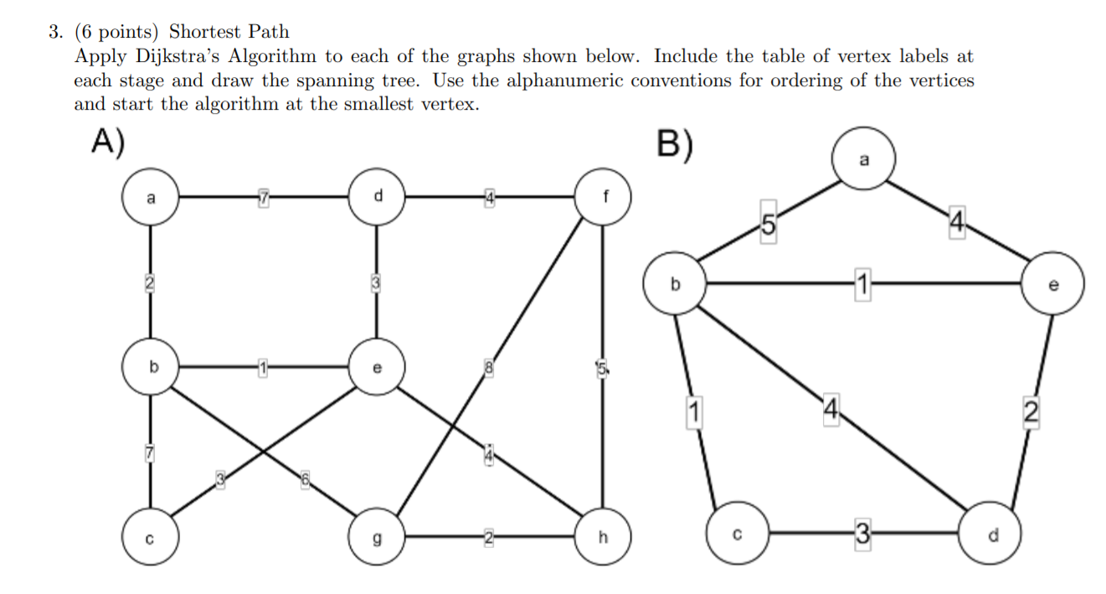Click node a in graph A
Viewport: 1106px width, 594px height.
[151, 199]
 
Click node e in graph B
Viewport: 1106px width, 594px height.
[1052, 285]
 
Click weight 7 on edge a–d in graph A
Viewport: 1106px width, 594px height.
[263, 198]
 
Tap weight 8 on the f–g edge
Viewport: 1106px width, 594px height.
[487, 366]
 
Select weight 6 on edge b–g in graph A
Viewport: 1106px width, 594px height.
[306, 478]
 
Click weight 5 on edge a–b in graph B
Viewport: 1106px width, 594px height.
[767, 224]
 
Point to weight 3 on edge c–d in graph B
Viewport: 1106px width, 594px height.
[862, 533]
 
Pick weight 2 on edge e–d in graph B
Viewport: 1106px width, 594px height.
[1030, 412]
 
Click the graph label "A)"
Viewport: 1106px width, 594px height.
[109, 143]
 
